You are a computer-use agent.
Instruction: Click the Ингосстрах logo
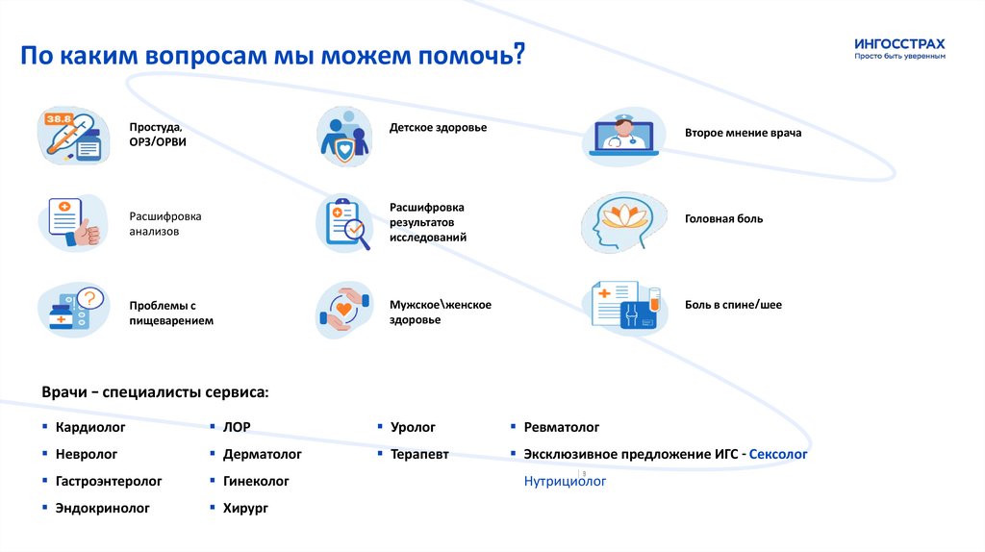[899, 49]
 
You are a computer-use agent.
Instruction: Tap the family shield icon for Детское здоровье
[344, 136]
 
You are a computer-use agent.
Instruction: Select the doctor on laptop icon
[620, 134]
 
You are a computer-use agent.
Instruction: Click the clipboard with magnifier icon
[344, 224]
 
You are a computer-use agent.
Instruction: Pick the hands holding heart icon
[344, 309]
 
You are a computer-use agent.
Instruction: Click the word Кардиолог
[90, 427]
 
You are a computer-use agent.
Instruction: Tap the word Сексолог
[778, 454]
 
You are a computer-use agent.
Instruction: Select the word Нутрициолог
[565, 481]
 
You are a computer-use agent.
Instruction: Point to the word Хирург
[245, 508]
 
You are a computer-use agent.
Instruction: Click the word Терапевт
[419, 454]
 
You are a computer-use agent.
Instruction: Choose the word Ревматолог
[562, 427]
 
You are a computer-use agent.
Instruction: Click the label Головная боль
[723, 219]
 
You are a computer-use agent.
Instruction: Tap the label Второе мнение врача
[743, 133]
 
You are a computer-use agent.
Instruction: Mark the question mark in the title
[518, 55]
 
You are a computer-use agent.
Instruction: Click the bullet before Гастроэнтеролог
[44, 480]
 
